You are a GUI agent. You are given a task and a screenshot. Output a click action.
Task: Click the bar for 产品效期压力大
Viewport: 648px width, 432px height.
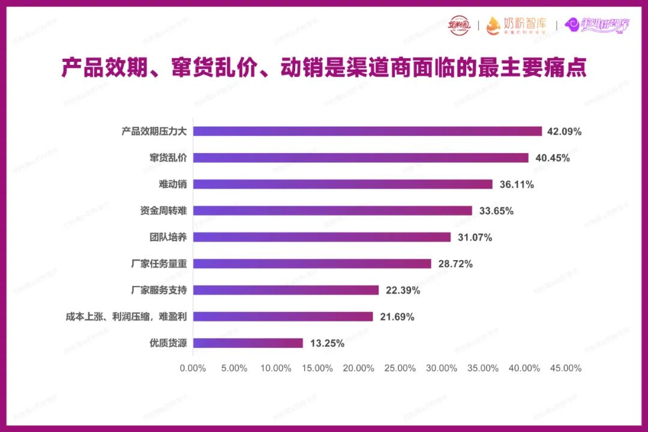point(367,131)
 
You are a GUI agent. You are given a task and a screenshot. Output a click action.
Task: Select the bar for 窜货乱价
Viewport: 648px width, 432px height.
point(361,157)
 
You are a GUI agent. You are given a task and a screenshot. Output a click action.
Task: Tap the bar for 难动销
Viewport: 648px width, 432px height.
point(343,184)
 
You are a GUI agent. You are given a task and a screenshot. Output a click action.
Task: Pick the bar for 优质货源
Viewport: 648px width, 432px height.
point(248,343)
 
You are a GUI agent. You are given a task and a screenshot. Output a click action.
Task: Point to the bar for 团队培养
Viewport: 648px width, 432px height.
point(322,237)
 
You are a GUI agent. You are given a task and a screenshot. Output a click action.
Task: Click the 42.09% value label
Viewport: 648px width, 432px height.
point(565,132)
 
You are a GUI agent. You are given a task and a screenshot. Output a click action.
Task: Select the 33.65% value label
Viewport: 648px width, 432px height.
point(496,211)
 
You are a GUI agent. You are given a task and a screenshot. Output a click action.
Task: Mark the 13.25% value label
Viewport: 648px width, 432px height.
point(327,344)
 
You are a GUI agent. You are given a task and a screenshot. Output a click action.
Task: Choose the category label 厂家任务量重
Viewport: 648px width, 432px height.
point(159,264)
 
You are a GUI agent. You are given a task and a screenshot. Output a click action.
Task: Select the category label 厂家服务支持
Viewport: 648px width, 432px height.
point(159,290)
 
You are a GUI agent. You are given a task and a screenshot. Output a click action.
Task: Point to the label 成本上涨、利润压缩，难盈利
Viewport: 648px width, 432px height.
point(126,317)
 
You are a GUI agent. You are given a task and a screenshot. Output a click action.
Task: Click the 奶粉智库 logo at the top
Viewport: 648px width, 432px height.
point(517,25)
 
